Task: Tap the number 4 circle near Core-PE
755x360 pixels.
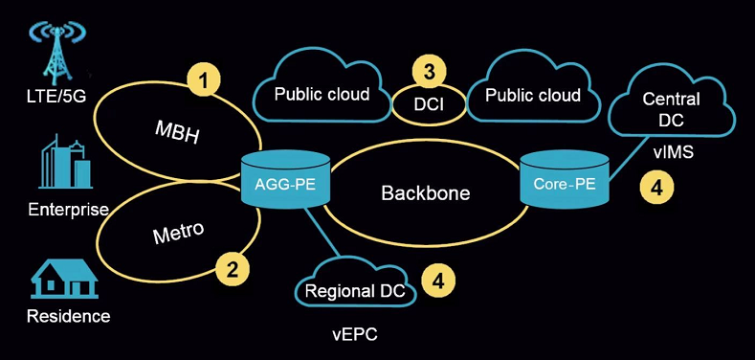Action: (x=655, y=188)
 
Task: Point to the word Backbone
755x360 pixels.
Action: (x=426, y=192)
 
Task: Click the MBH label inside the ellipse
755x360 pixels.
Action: (x=178, y=132)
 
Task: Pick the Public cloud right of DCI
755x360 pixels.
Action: (x=532, y=95)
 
